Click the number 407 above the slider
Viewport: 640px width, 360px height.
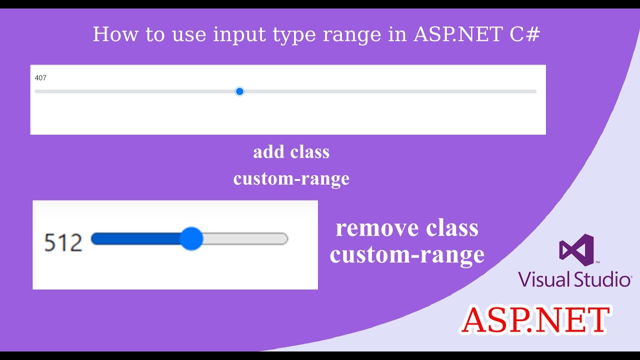40,78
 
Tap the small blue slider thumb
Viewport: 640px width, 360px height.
239,91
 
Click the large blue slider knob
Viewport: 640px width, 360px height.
190,239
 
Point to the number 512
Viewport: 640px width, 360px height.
63,243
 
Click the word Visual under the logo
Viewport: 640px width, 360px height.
543,279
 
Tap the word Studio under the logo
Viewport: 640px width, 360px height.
602,279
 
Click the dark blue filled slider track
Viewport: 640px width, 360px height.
135,239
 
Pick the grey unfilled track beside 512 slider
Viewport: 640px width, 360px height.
245,239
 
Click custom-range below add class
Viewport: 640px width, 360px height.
291,179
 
